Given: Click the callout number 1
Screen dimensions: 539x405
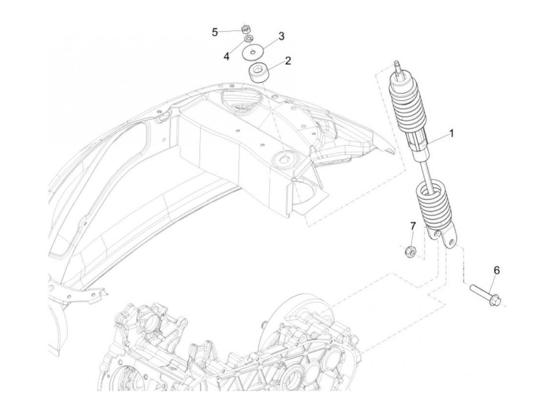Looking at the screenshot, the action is click(451, 133).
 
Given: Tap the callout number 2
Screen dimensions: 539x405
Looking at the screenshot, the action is click(288, 60).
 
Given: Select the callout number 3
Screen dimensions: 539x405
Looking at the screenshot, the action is click(281, 36).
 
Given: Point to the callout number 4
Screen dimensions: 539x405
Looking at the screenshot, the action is click(226, 57).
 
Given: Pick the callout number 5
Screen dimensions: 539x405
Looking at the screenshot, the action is click(215, 32).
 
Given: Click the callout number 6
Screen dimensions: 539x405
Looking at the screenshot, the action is click(496, 270).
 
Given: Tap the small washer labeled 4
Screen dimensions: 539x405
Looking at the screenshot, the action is click(249, 38).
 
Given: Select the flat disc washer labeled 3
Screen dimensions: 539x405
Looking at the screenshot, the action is click(253, 52).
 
